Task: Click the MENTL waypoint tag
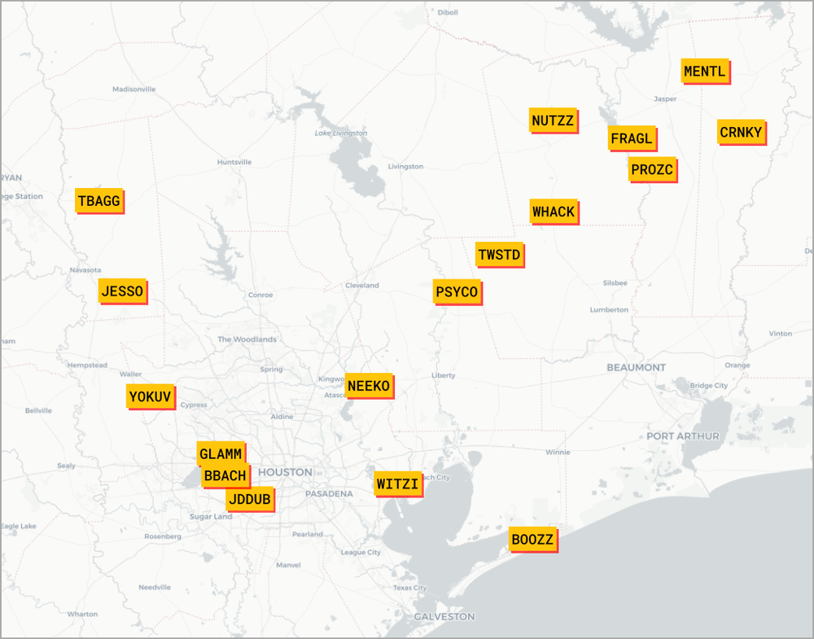pyautogui.click(x=705, y=72)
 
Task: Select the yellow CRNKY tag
pyautogui.click(x=741, y=133)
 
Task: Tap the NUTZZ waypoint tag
pyautogui.click(x=553, y=121)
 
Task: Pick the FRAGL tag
pyautogui.click(x=632, y=139)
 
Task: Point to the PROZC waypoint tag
pyautogui.click(x=652, y=170)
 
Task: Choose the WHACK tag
pyautogui.click(x=554, y=212)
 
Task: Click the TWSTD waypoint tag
pyautogui.click(x=499, y=255)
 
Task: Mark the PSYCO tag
pyautogui.click(x=457, y=292)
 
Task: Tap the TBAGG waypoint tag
pyautogui.click(x=98, y=201)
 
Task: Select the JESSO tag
pyautogui.click(x=122, y=291)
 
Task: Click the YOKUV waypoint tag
pyautogui.click(x=151, y=397)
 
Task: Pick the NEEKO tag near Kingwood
pyautogui.click(x=369, y=386)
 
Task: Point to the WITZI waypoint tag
pyautogui.click(x=397, y=485)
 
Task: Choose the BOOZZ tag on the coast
pyautogui.click(x=532, y=540)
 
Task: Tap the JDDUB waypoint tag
pyautogui.click(x=250, y=499)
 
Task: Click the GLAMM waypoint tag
pyautogui.click(x=220, y=453)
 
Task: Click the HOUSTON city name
pyautogui.click(x=285, y=472)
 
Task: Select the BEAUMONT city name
pyautogui.click(x=636, y=368)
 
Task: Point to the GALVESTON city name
pyautogui.click(x=444, y=616)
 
